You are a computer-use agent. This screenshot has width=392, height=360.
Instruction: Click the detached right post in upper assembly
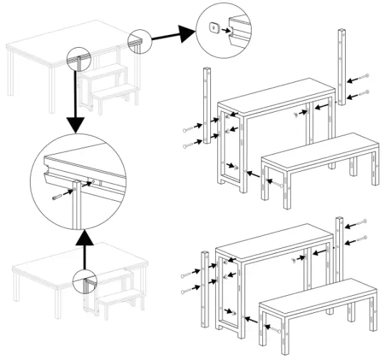(x=341, y=67)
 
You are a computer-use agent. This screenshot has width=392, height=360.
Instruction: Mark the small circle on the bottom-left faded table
(x=85, y=282)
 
